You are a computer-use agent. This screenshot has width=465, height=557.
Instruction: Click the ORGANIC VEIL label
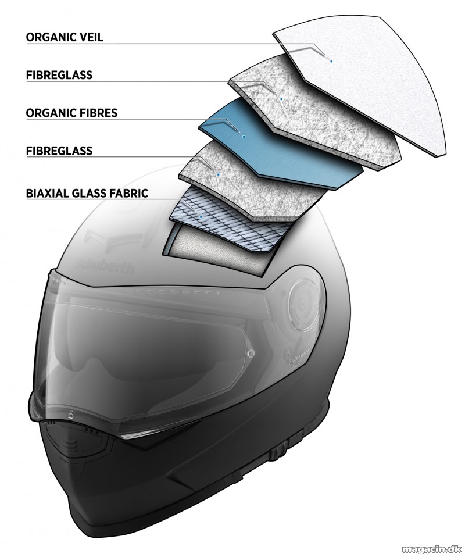pyautogui.click(x=65, y=37)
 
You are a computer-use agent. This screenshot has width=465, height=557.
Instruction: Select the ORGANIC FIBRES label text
pyautogui.click(x=71, y=113)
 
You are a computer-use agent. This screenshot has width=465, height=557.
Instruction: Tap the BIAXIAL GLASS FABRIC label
pyautogui.click(x=87, y=193)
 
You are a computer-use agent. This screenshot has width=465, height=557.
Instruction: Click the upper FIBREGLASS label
pyautogui.click(x=59, y=75)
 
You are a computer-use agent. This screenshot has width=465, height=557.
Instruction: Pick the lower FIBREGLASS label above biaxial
pyautogui.click(x=59, y=151)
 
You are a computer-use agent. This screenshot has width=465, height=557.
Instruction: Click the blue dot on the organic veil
pyautogui.click(x=331, y=62)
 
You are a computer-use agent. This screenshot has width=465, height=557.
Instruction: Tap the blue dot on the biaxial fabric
pyautogui.click(x=201, y=216)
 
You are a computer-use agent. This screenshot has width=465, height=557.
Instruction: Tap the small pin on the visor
pyautogui.click(x=252, y=353)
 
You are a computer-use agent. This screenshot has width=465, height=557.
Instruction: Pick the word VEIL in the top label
pyautogui.click(x=90, y=37)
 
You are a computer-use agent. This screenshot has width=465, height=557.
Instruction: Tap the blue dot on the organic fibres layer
pyautogui.click(x=244, y=135)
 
